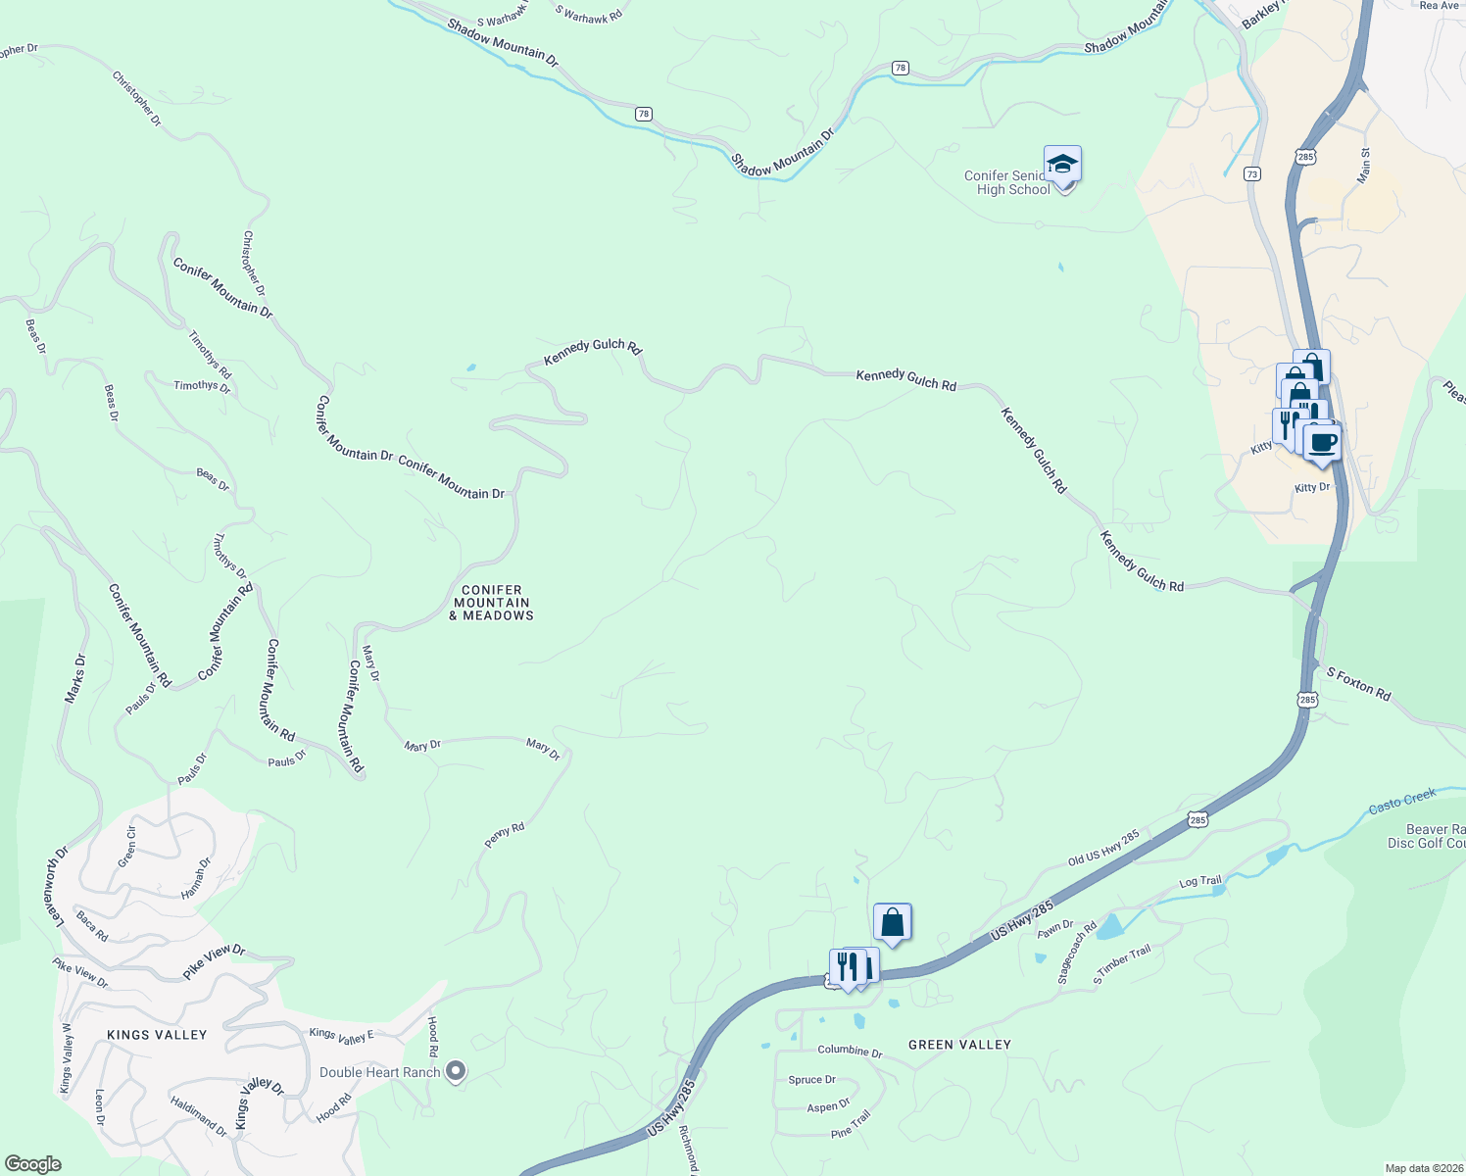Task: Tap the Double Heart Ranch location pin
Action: (x=455, y=1071)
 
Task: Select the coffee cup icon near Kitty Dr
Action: (x=1323, y=442)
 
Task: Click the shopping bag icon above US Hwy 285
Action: (x=892, y=922)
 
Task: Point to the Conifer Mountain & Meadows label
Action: (x=492, y=603)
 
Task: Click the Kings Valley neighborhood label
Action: (x=157, y=1035)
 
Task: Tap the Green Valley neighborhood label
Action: (x=959, y=1045)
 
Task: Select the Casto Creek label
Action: (x=1402, y=801)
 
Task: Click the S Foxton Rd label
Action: (x=1358, y=684)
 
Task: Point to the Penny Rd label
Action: (x=505, y=835)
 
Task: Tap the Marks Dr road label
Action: (x=75, y=678)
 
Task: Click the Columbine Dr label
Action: (x=850, y=1051)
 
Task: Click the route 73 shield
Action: (x=1252, y=173)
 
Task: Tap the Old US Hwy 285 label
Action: (x=1103, y=848)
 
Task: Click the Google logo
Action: (x=32, y=1163)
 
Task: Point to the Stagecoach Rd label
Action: (x=1077, y=953)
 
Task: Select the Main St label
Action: (x=1364, y=165)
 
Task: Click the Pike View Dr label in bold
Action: (x=214, y=961)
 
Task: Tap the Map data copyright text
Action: (x=1421, y=1168)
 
